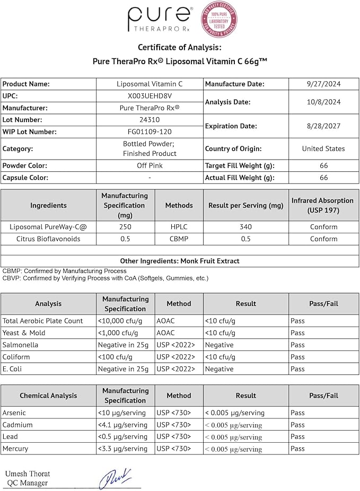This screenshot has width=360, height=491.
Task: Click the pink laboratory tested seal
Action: coord(218,20)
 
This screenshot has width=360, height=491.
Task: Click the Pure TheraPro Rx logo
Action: coord(159,20)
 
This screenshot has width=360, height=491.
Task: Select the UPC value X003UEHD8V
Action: coord(150,95)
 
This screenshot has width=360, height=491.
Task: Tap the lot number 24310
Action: coord(150,120)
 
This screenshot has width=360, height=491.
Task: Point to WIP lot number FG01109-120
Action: coord(150,131)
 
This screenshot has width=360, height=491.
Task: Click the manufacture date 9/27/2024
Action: coord(323,84)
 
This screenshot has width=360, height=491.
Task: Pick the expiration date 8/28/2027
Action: coord(323,126)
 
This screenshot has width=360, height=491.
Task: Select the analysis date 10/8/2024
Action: coord(323,102)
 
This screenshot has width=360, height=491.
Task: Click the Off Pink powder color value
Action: coord(150,165)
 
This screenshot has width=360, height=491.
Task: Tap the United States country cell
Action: coord(323,148)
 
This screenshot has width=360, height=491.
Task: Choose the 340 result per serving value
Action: coord(245,226)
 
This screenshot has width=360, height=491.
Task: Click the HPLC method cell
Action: coord(179,226)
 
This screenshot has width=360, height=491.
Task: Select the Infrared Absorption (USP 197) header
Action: coord(322,205)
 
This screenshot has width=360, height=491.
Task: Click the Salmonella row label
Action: coord(20,345)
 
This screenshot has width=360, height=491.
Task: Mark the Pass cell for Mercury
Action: coord(297,449)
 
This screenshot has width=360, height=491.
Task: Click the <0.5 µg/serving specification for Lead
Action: coord(122,436)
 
